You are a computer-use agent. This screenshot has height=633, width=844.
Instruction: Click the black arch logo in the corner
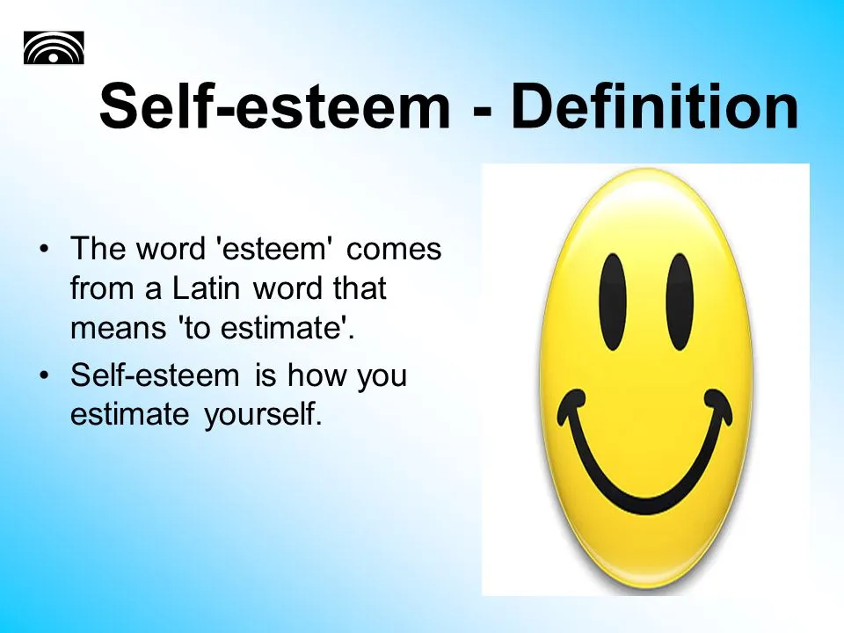54,47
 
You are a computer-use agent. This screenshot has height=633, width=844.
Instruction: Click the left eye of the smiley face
613,302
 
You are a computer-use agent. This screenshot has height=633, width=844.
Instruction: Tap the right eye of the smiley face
680,302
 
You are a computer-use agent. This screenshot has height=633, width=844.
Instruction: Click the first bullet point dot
44,250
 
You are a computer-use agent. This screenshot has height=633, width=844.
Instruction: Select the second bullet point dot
44,375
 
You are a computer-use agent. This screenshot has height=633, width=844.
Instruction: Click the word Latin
206,288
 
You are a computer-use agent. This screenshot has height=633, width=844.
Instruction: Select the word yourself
263,415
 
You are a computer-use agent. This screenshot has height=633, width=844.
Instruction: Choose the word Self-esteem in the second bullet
155,375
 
